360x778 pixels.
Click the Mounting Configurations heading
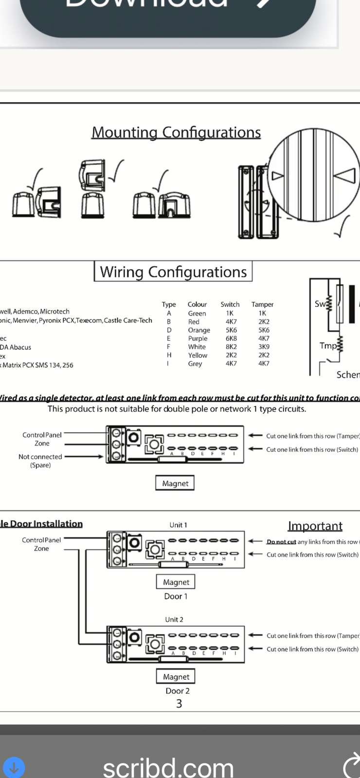[x=176, y=132]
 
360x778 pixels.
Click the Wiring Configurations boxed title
[x=173, y=271]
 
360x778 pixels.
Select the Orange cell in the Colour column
[x=199, y=330]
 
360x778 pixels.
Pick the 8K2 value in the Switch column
[x=231, y=347]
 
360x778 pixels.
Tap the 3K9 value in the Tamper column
[x=264, y=347]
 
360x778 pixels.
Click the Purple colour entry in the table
[x=198, y=338]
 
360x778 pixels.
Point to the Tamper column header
[x=262, y=304]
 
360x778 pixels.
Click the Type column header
[x=169, y=304]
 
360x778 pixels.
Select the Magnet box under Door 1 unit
[x=176, y=582]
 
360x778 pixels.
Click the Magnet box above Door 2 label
[x=176, y=677]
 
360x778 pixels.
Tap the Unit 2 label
[x=174, y=619]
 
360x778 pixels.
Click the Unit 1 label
[x=178, y=525]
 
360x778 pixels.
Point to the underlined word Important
[x=315, y=526]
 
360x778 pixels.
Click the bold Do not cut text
[x=281, y=542]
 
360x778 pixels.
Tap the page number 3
[x=179, y=704]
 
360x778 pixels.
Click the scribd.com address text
[x=168, y=767]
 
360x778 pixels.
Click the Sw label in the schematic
[x=320, y=304]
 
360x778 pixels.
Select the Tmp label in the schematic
[x=328, y=346]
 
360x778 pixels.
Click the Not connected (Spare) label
[x=40, y=460]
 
